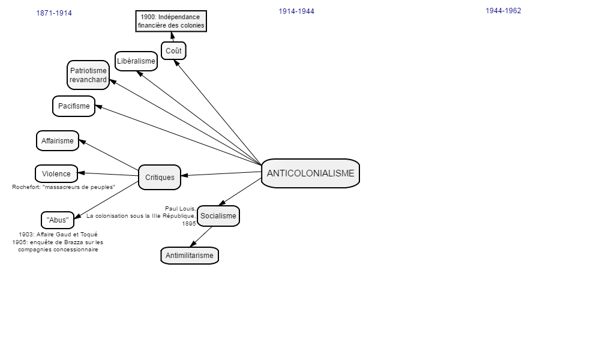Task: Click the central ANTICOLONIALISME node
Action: [x=310, y=173]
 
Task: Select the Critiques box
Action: [x=160, y=177]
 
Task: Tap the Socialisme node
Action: [x=218, y=216]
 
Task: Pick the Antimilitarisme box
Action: [x=190, y=256]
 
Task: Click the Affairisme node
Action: [x=58, y=141]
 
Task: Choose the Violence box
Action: [x=56, y=173]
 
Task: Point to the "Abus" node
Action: [x=58, y=220]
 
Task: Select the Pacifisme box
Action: [x=74, y=106]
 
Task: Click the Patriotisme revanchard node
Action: [x=88, y=75]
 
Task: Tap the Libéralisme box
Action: [x=136, y=61]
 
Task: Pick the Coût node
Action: [x=174, y=51]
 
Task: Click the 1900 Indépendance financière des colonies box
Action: [x=171, y=22]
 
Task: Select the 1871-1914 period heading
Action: [x=54, y=13]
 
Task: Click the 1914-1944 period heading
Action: [x=296, y=11]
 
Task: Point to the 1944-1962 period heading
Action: [x=503, y=11]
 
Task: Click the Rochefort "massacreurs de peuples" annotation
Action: [x=64, y=187]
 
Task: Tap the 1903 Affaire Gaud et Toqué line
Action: [x=58, y=235]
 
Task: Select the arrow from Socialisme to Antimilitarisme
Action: [x=201, y=237]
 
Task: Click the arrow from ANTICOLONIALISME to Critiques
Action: [x=221, y=173]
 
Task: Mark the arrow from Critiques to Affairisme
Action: [x=109, y=155]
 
